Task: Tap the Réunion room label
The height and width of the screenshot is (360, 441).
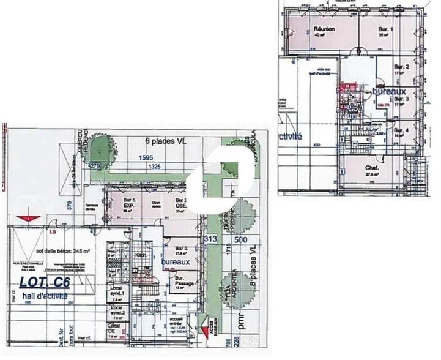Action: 324,29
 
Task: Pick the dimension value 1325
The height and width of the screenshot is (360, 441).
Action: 154,166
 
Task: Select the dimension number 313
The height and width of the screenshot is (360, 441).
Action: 212,238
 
